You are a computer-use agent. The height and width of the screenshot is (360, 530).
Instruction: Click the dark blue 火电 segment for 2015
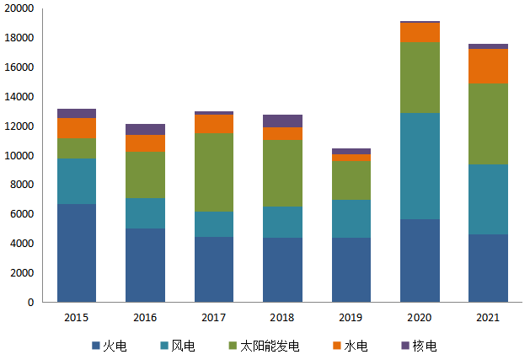point(77,253)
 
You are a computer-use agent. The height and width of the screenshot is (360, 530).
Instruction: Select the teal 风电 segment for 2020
point(420,166)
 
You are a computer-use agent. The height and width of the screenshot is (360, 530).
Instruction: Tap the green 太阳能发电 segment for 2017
point(214,172)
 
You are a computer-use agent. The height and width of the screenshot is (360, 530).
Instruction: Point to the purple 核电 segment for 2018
point(282,121)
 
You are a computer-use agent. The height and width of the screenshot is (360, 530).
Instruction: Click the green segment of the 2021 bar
point(488,124)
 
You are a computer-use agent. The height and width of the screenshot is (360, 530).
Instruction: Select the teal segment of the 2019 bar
point(351,218)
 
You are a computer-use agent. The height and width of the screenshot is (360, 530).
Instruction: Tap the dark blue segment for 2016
point(145,265)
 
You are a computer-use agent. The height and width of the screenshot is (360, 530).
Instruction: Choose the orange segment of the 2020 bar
point(420,32)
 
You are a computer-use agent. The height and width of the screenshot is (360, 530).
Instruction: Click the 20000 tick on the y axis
point(19,8)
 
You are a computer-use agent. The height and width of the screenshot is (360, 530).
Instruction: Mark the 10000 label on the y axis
point(19,155)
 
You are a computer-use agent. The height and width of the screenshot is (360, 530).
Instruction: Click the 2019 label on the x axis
point(351,318)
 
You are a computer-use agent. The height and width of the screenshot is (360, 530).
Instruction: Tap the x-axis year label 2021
point(488,318)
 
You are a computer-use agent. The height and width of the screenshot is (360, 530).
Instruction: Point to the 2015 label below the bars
point(77,318)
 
